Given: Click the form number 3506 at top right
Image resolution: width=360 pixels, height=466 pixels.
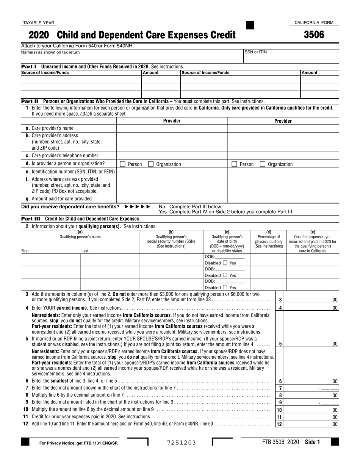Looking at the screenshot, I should (x=314, y=35).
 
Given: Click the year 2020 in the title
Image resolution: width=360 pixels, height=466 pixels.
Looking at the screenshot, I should (x=39, y=35).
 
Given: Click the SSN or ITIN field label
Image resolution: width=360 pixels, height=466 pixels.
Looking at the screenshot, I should (x=256, y=52).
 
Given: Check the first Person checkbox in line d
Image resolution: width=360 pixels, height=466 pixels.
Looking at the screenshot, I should (x=122, y=164).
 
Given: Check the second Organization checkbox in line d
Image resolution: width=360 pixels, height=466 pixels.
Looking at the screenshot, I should (x=262, y=164).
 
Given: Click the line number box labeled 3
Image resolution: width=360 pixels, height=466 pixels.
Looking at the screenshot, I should (x=280, y=300).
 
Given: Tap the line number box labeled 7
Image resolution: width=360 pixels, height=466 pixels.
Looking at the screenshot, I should (x=280, y=388).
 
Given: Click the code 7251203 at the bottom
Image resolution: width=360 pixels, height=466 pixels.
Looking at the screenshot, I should (x=182, y=443).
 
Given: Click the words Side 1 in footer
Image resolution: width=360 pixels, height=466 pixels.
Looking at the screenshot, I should (x=312, y=442).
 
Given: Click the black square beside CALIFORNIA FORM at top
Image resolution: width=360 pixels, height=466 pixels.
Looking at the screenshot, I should (x=250, y=25).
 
